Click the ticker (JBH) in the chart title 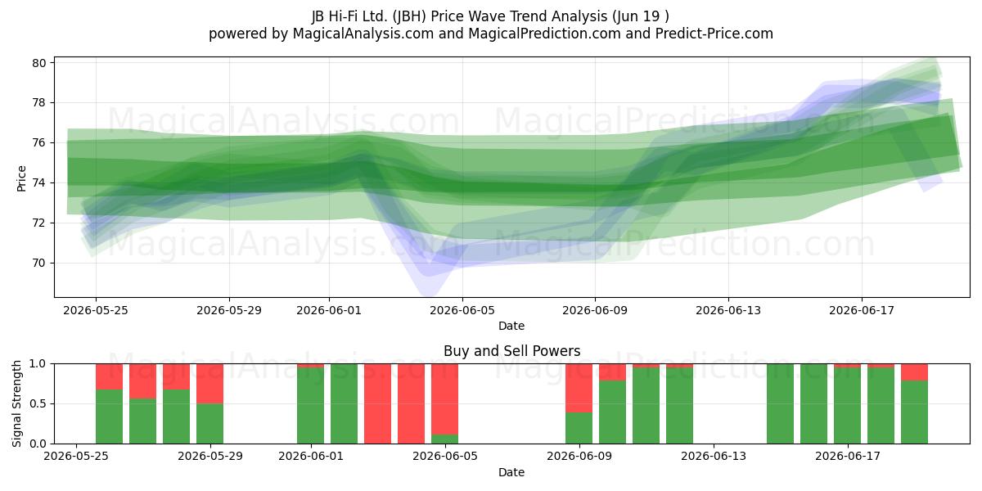point(409,16)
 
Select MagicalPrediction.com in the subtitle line point(544,34)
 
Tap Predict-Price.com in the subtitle point(714,34)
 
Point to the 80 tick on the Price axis point(39,63)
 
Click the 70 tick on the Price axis point(39,263)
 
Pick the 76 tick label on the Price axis point(39,143)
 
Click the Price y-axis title point(21,178)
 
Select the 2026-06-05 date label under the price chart point(462,310)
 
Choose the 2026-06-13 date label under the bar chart point(714,457)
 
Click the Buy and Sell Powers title point(511,351)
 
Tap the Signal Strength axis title point(16,403)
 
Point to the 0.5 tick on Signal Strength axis point(38,403)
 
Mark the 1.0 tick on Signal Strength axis point(38,364)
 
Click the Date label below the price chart point(511,326)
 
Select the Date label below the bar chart point(511,472)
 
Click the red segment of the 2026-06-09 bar point(579,388)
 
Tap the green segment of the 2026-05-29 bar point(209,424)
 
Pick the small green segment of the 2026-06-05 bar point(444,439)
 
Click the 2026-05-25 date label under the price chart point(96,310)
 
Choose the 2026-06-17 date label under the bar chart point(848,457)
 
